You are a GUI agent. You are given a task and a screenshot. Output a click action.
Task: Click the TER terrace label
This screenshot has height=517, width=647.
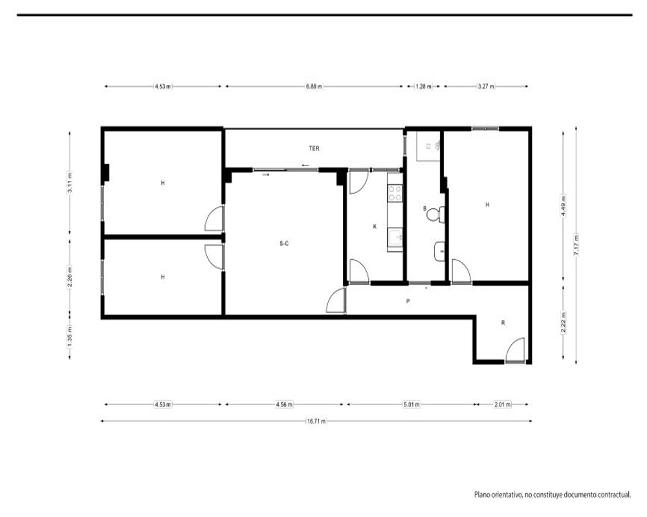(314, 149)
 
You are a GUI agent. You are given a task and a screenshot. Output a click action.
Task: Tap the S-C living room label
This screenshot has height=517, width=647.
(284, 243)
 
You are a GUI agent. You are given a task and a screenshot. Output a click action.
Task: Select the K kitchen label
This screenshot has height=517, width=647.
(375, 226)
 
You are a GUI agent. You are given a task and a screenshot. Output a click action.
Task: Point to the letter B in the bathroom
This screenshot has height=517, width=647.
(424, 209)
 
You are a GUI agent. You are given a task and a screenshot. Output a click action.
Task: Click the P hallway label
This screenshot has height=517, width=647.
(408, 301)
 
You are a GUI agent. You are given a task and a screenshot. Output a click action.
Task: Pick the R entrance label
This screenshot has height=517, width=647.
(503, 323)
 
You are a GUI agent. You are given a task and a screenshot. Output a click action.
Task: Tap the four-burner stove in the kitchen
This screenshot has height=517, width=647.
(395, 193)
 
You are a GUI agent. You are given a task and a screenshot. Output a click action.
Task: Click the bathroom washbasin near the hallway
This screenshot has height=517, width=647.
(439, 251)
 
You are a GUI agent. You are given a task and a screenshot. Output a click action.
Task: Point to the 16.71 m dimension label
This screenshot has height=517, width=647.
(316, 421)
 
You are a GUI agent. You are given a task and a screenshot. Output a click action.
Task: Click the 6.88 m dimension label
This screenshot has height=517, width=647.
(314, 87)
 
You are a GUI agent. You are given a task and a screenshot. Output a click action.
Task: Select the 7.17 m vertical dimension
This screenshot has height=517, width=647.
(576, 245)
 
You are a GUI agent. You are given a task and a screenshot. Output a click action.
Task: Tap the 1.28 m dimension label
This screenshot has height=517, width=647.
(423, 87)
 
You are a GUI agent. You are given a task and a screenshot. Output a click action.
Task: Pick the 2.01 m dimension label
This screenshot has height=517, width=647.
(503, 405)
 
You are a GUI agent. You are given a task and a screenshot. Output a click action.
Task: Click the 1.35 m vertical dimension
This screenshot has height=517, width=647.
(70, 335)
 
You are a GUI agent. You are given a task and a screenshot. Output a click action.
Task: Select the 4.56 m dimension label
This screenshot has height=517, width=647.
(284, 405)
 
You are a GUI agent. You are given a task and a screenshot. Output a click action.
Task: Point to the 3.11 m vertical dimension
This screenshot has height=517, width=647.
(70, 183)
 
